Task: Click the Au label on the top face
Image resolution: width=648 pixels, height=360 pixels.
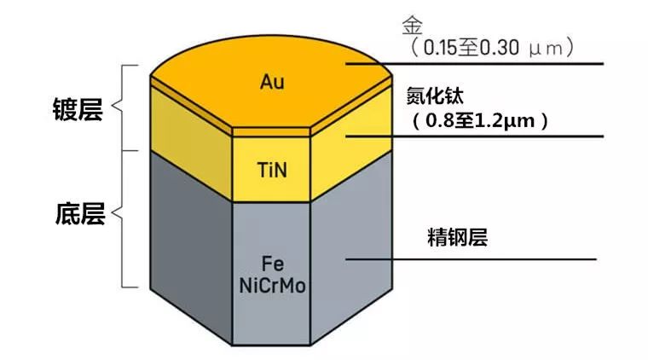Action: (x=272, y=82)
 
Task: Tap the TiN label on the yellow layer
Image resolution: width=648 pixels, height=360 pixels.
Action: (x=272, y=169)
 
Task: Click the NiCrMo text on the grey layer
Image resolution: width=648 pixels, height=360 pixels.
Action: (x=272, y=284)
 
